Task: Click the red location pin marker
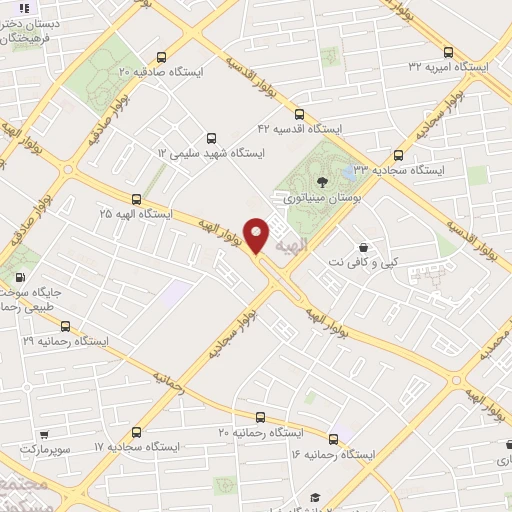[257, 235]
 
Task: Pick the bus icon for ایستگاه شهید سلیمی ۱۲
[210, 138]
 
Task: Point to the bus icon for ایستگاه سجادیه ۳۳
[399, 155]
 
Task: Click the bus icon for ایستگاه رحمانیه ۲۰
[260, 417]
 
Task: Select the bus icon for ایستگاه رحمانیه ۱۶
[334, 438]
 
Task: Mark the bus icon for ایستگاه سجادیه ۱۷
[136, 432]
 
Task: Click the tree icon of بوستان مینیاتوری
[321, 182]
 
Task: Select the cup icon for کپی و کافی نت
[362, 245]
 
